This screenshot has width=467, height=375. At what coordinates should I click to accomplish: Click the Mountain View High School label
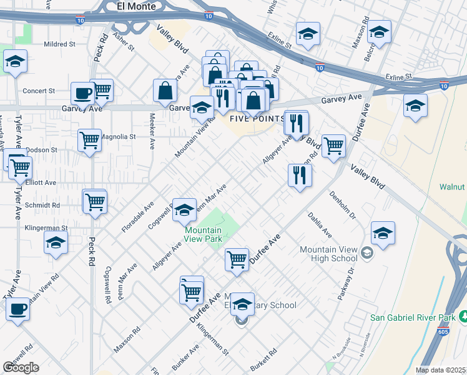pyautogui.click(x=328, y=254)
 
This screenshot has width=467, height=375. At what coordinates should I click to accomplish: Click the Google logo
pyautogui.click(x=21, y=367)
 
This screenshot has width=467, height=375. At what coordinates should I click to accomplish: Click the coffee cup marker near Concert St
pyautogui.click(x=82, y=94)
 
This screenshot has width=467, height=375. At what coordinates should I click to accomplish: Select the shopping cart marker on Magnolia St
pyautogui.click(x=90, y=140)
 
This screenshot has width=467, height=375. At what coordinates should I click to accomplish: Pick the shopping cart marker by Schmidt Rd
pyautogui.click(x=95, y=201)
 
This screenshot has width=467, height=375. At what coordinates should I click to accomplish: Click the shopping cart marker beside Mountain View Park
pyautogui.click(x=237, y=259)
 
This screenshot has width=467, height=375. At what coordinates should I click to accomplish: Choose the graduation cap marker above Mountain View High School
pyautogui.click(x=383, y=233)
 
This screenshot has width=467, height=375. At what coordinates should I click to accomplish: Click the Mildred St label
pyautogui.click(x=59, y=45)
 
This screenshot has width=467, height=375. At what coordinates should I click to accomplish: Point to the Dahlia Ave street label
pyautogui.click(x=319, y=225)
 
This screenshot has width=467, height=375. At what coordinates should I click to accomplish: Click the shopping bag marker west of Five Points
pyautogui.click(x=165, y=90)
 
